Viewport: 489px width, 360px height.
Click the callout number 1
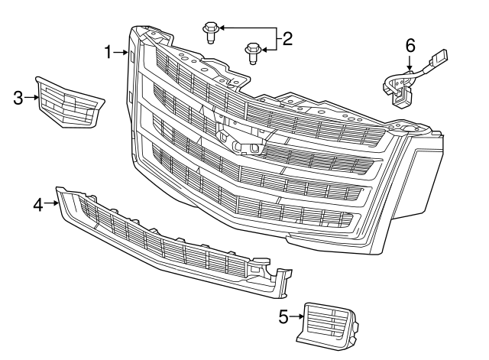(x=108, y=51)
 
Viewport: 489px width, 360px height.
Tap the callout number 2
(x=287, y=38)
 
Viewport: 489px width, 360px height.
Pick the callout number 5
(x=283, y=316)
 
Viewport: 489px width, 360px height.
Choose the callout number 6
(x=410, y=45)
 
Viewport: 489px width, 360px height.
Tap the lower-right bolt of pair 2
(x=249, y=51)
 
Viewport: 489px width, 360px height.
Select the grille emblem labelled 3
(x=68, y=102)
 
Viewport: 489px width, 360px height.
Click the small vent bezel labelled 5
(x=325, y=321)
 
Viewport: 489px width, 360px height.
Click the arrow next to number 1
(x=123, y=52)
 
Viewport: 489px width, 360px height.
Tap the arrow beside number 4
(x=51, y=203)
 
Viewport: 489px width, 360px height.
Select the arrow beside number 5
(x=297, y=316)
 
